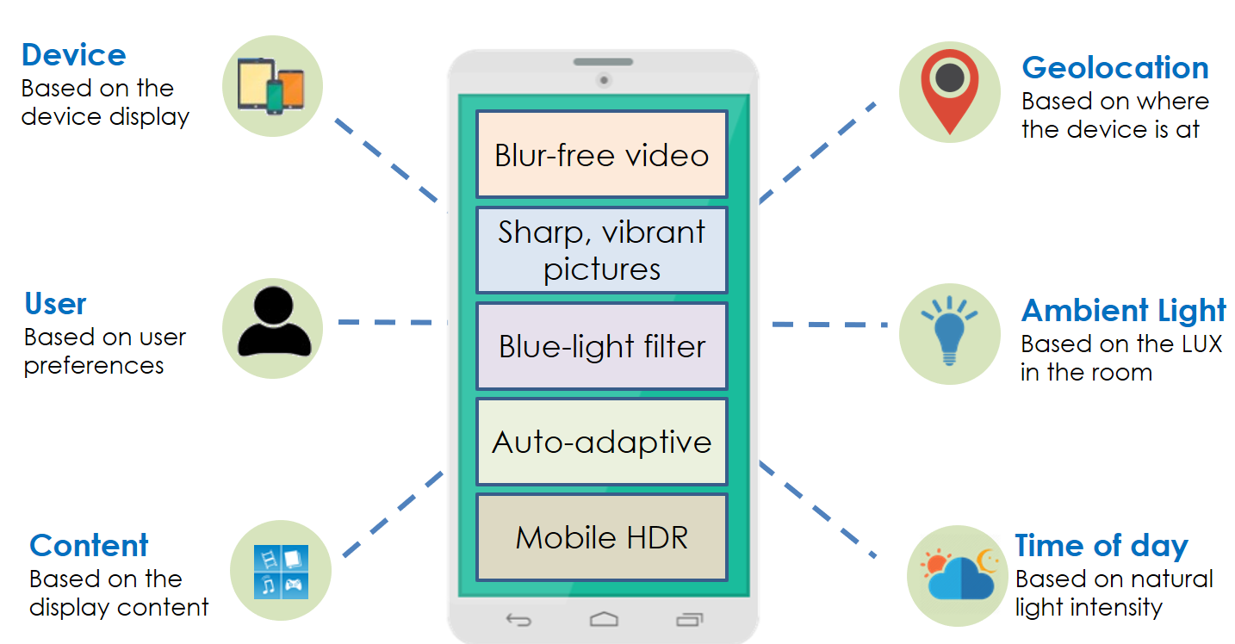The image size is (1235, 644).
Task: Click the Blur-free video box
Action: point(602,154)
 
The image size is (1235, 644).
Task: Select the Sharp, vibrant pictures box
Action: point(602,251)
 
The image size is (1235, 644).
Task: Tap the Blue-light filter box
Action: point(602,346)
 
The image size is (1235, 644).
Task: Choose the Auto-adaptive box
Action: point(602,442)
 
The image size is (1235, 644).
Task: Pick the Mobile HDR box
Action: point(602,537)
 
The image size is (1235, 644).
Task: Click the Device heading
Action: point(74,55)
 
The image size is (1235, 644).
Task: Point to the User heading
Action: point(56,304)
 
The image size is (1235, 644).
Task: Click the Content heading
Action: point(89,545)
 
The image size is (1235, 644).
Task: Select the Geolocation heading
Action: point(1115,68)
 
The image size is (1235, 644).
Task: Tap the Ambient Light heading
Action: point(1124,311)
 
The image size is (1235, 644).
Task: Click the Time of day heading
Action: point(1102,546)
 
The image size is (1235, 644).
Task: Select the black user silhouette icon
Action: point(274,321)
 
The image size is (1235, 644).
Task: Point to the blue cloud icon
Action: point(961,578)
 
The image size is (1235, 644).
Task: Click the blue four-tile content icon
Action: point(281,572)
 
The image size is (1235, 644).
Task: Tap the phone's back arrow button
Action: point(518,620)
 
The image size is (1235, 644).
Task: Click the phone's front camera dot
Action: point(604,81)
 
